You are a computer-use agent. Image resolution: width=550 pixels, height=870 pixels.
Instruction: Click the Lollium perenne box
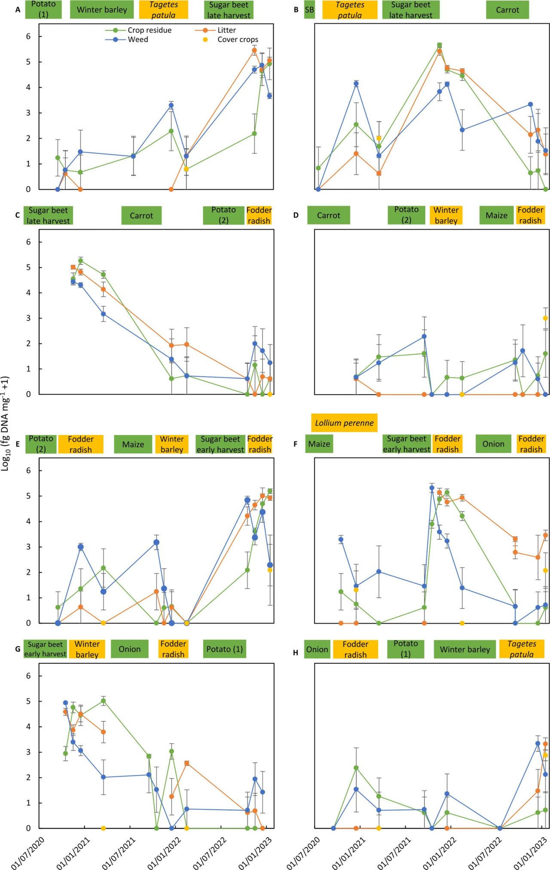click(x=344, y=423)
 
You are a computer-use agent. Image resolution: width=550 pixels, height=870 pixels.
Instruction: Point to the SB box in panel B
click(x=309, y=10)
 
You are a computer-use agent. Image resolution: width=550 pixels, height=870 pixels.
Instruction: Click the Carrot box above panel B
click(x=507, y=10)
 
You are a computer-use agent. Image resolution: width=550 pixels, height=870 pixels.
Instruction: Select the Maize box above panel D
click(x=496, y=215)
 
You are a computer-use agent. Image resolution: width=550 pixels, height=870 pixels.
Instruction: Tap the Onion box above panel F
click(x=493, y=444)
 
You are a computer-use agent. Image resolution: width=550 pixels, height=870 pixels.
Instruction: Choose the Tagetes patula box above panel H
click(x=521, y=649)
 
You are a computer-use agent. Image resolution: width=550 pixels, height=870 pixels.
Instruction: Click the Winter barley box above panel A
click(x=102, y=10)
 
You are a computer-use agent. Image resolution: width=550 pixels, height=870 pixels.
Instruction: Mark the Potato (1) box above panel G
click(x=224, y=649)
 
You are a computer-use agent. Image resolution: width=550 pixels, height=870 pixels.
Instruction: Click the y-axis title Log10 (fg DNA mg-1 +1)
click(x=5, y=423)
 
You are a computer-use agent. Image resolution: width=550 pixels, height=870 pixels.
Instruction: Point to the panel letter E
click(x=18, y=444)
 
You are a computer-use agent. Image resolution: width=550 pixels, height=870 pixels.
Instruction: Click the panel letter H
click(x=296, y=652)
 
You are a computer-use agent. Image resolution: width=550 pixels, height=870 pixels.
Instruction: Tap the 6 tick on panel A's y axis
click(x=28, y=37)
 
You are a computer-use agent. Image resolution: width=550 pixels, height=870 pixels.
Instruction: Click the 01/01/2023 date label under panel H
click(x=531, y=853)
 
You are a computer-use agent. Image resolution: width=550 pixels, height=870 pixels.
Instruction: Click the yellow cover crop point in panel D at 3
click(x=545, y=318)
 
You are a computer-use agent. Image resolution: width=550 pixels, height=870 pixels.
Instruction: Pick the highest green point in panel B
click(x=439, y=45)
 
